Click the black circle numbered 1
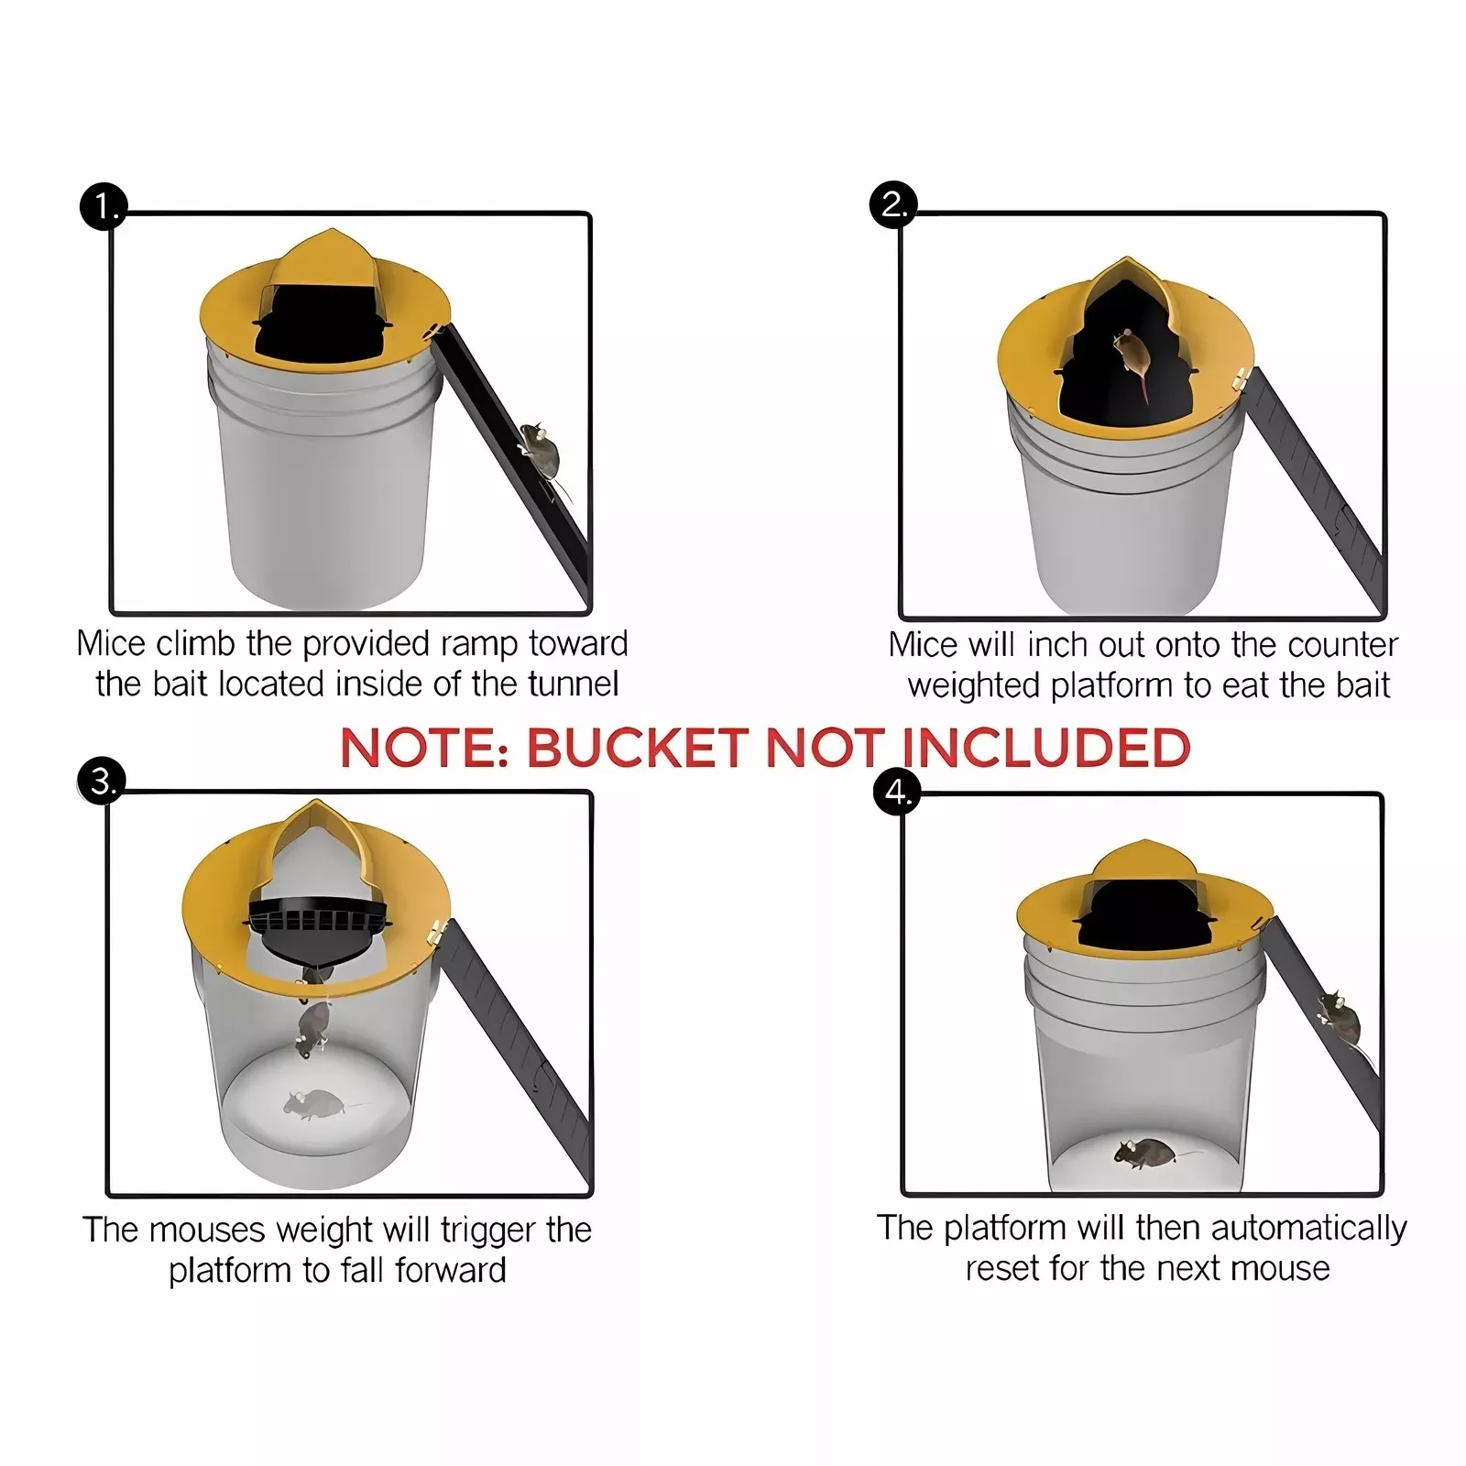[103, 207]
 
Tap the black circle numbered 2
[892, 203]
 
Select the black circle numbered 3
[102, 782]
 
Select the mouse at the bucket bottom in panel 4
[1144, 1151]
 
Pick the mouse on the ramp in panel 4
[1339, 1019]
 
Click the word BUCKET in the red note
[637, 748]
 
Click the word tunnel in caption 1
[574, 684]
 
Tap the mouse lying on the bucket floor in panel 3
[312, 1105]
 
